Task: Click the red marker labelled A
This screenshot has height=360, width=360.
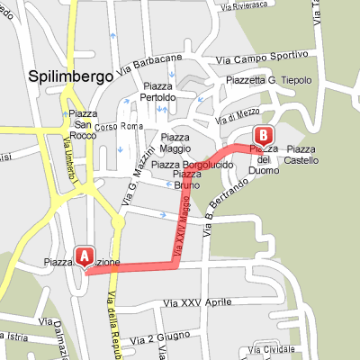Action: click(x=85, y=256)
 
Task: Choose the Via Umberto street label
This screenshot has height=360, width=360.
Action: click(x=67, y=154)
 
